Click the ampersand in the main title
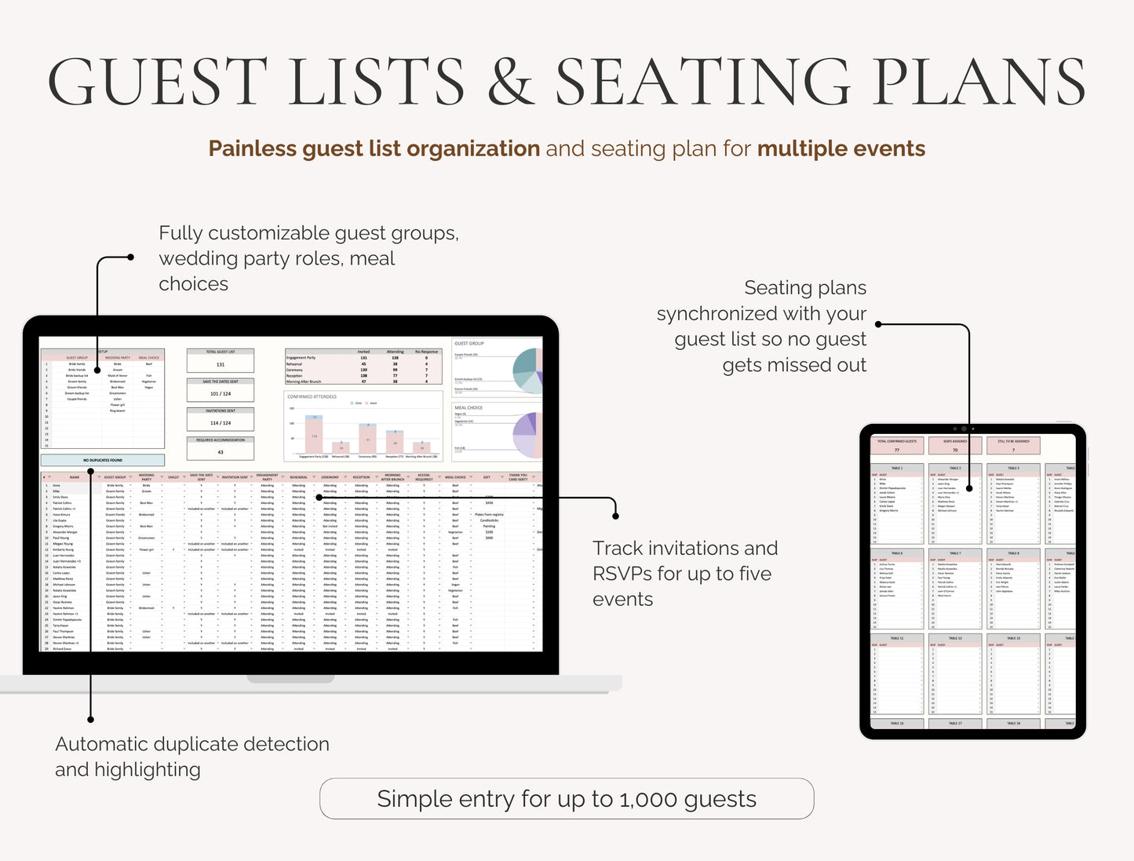pos(509,82)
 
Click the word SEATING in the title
pos(702,82)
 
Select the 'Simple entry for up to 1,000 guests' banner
pos(567,799)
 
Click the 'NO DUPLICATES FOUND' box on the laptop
pos(103,460)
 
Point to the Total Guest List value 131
pos(221,364)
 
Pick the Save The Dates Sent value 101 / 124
pos(221,393)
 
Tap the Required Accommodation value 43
pos(221,452)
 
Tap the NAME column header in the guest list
pos(75,477)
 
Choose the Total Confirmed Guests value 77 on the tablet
pos(896,450)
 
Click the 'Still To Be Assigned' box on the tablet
pos(1013,446)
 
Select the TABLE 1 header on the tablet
pos(896,468)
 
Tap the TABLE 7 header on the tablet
pos(955,553)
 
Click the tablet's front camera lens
pos(964,429)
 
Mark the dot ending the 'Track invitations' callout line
pos(615,516)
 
